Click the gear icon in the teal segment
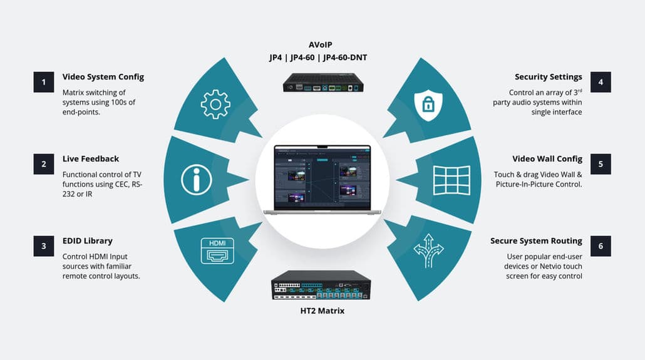point(215,105)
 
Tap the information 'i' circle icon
point(196,179)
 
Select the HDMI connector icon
point(217,250)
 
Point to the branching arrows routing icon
point(428,250)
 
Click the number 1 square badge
point(44,82)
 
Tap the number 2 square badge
point(44,164)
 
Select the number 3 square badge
point(44,246)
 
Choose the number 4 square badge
point(601,82)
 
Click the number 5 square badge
point(601,164)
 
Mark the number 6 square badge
point(601,246)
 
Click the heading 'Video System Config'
point(103,77)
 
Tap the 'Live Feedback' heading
point(90,159)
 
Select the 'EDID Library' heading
point(87,241)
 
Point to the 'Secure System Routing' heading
point(536,241)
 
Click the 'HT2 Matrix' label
point(322,311)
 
